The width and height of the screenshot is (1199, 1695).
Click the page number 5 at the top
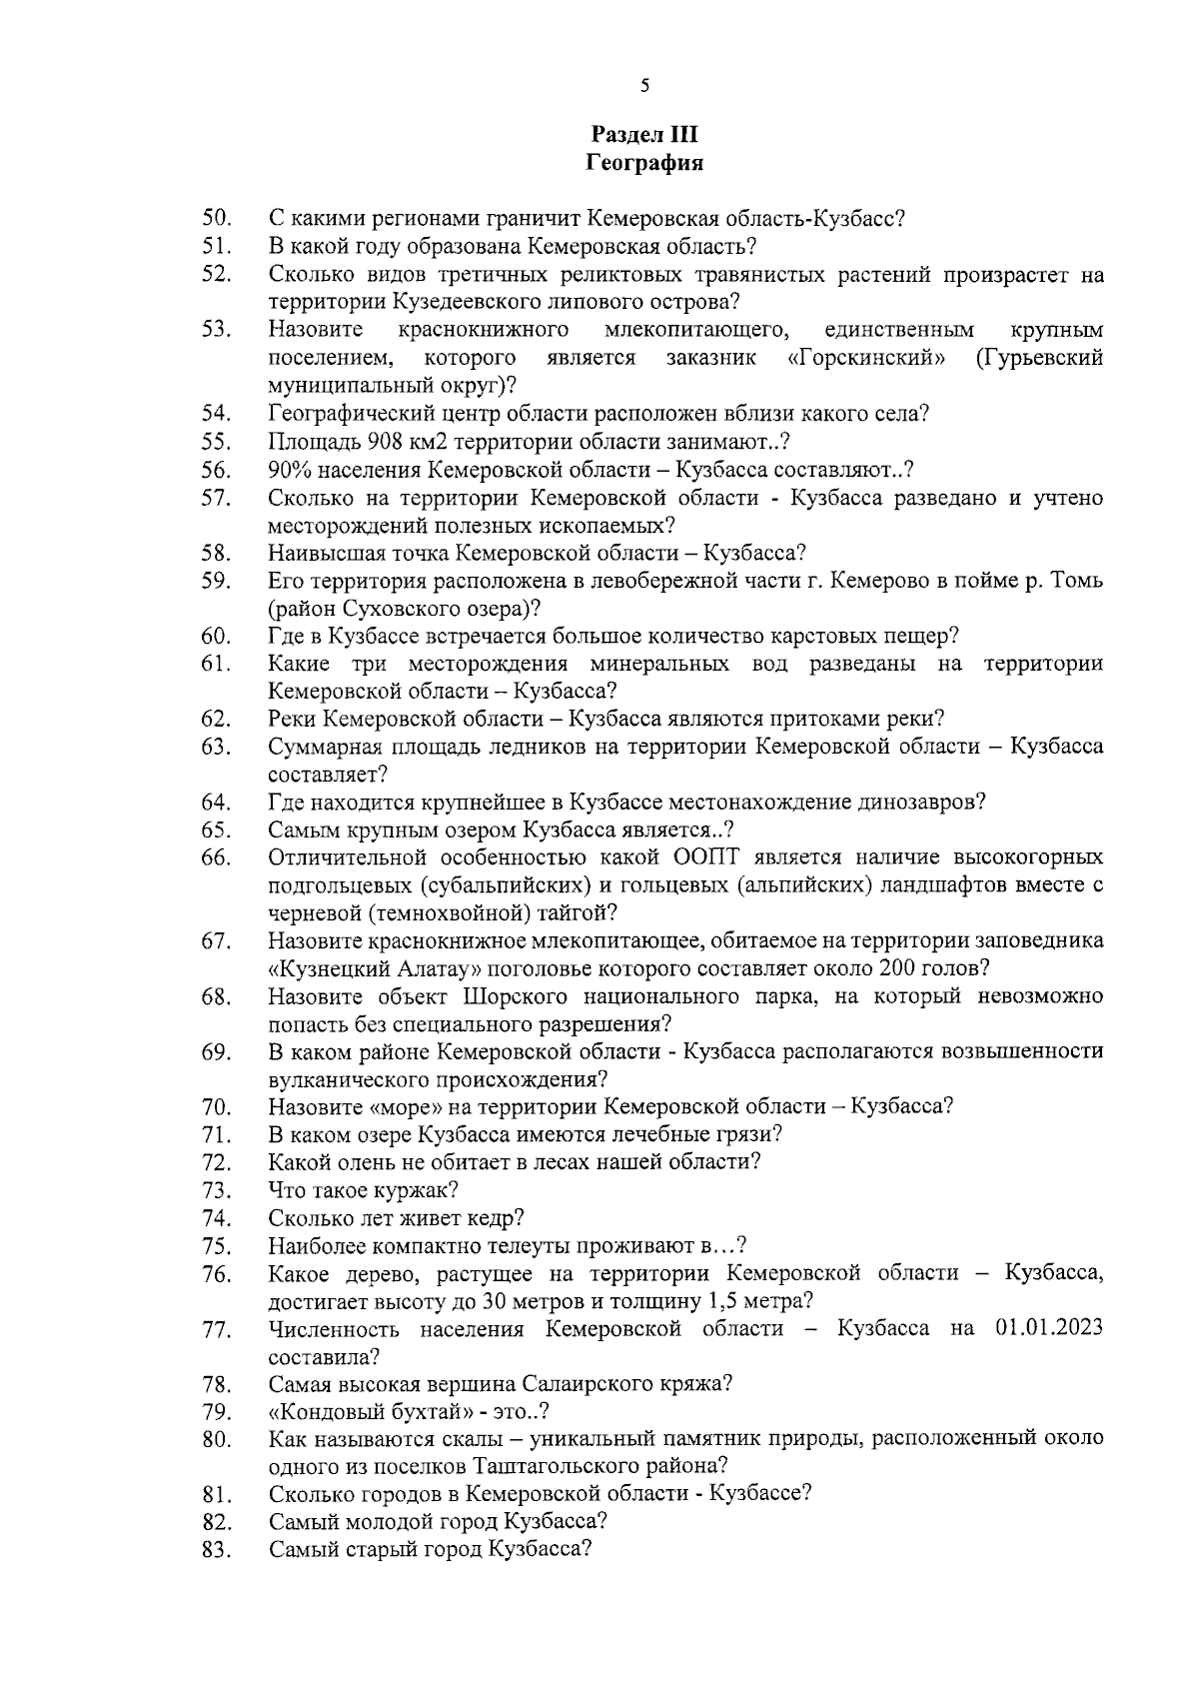pyautogui.click(x=644, y=86)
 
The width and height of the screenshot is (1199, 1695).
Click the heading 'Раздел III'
pyautogui.click(x=644, y=134)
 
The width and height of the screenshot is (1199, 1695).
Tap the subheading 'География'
pyautogui.click(x=644, y=163)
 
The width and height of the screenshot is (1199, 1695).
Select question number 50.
pyautogui.click(x=217, y=218)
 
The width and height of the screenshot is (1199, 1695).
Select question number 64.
pyautogui.click(x=217, y=803)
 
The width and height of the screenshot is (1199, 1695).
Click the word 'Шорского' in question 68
pyautogui.click(x=516, y=996)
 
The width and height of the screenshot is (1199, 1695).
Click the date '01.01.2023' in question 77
pyautogui.click(x=1049, y=1329)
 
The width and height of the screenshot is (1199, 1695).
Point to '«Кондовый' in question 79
pyautogui.click(x=330, y=1412)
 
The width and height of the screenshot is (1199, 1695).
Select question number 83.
pyautogui.click(x=217, y=1551)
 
